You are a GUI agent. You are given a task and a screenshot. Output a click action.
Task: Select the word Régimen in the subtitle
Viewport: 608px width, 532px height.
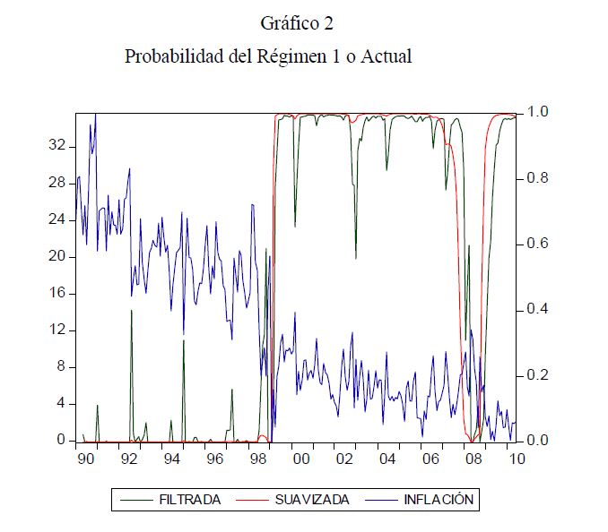(x=290, y=56)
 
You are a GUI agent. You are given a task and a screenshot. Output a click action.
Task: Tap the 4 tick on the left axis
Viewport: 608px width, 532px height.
(x=62, y=403)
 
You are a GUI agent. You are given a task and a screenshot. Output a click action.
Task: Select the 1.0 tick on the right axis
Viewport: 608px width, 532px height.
(x=536, y=112)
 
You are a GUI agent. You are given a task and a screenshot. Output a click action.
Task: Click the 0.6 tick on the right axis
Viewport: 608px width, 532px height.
(x=536, y=244)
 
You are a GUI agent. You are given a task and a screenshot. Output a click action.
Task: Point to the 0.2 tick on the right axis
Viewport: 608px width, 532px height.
(x=536, y=375)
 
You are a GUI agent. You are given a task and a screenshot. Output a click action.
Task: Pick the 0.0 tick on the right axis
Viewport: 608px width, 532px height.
(x=536, y=441)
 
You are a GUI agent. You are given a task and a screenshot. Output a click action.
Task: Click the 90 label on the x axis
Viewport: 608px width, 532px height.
(x=85, y=459)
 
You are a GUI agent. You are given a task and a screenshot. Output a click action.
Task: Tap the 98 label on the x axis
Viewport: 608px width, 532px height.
(x=257, y=459)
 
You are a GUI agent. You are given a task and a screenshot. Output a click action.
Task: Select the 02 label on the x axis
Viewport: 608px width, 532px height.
(x=344, y=459)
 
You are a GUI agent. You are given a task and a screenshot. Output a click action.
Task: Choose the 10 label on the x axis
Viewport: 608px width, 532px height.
(x=517, y=459)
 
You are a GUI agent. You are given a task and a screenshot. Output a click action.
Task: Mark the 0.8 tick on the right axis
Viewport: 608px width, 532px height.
(x=536, y=178)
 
